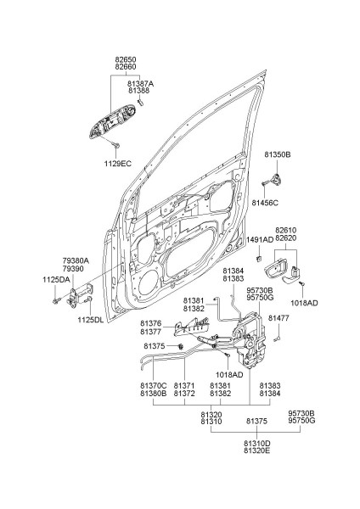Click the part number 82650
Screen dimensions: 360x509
tap(126, 59)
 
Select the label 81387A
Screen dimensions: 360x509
tap(140, 84)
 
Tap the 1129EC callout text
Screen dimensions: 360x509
tap(118, 164)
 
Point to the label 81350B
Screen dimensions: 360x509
tap(277, 155)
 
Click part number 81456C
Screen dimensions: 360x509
tap(265, 203)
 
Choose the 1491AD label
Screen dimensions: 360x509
tap(260, 240)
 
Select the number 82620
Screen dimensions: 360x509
tap(285, 238)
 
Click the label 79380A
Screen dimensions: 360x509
tap(76, 260)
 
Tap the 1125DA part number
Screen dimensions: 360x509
tap(56, 280)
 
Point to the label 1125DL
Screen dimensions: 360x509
tap(90, 320)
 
